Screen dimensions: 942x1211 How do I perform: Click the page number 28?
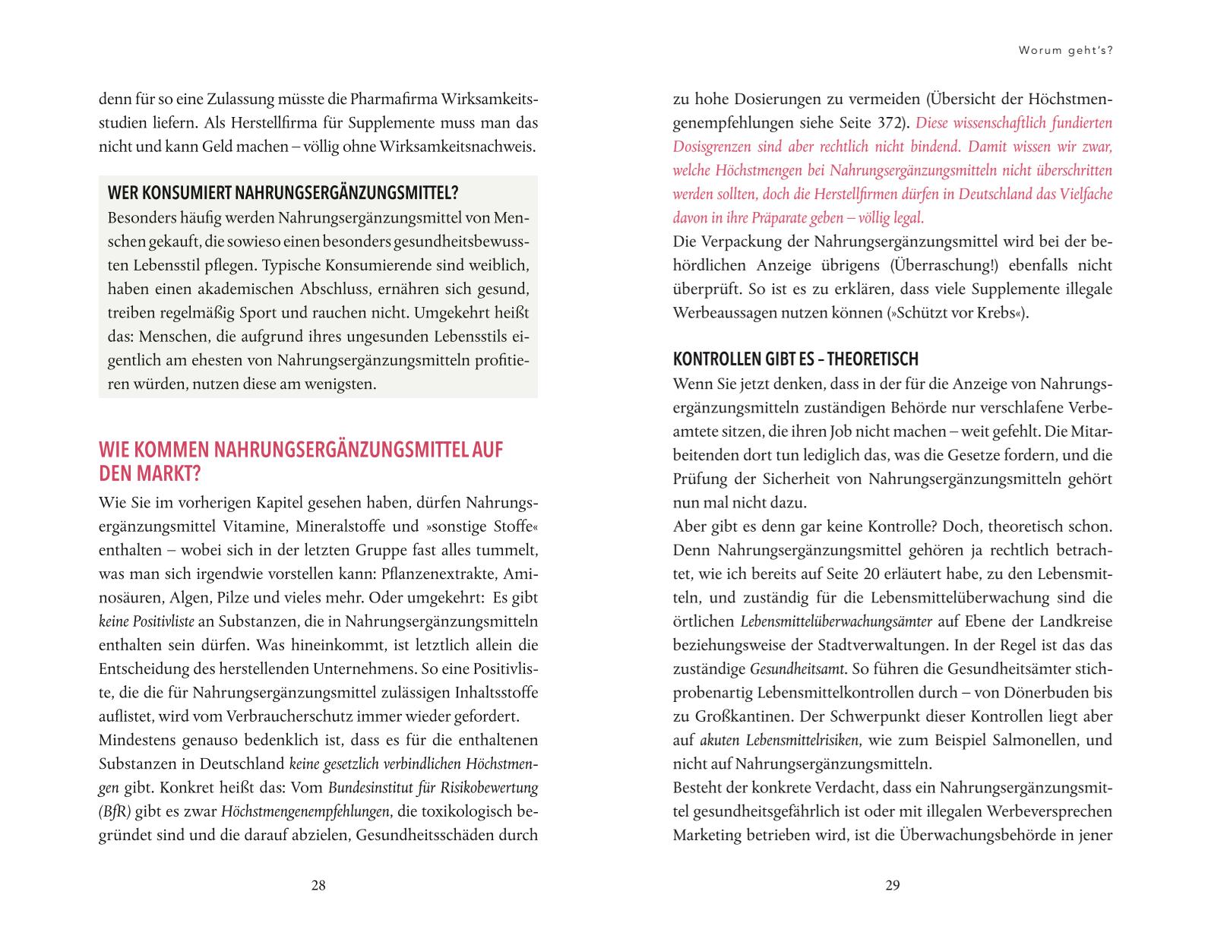(318, 885)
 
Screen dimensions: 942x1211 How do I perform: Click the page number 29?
(893, 885)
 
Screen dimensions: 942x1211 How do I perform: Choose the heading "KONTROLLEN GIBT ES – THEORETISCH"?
(795, 359)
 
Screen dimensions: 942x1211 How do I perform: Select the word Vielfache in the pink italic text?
(1083, 194)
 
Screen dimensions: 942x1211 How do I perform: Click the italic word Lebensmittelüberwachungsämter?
(836, 621)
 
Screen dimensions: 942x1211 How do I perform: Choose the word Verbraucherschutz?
(259, 716)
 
